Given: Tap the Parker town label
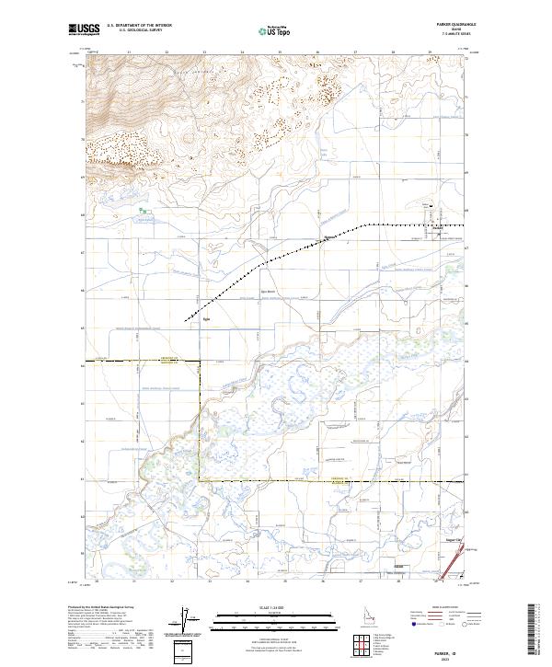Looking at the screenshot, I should point(439,228).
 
